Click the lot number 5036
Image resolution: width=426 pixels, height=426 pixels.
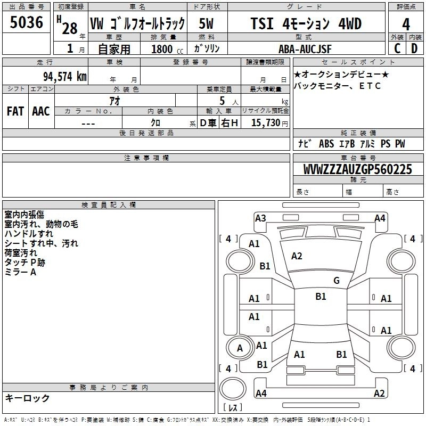tap(26, 22)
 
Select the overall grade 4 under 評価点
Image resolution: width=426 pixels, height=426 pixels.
tap(406, 24)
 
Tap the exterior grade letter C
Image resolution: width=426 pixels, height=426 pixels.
tap(397, 48)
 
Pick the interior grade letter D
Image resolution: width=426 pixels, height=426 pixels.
tap(414, 48)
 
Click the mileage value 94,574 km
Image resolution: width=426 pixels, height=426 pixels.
tap(65, 77)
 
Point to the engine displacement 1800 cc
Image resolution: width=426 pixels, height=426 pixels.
tap(167, 49)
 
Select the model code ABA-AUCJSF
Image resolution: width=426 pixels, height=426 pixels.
tap(305, 49)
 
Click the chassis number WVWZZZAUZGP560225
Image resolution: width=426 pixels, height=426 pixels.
tap(357, 169)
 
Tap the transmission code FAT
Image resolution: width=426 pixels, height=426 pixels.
tap(15, 111)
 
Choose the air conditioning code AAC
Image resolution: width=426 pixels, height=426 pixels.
tap(41, 111)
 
